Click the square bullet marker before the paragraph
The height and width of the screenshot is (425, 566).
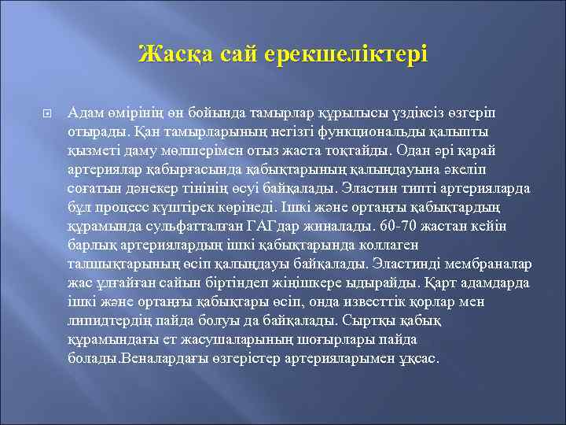click(46, 114)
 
